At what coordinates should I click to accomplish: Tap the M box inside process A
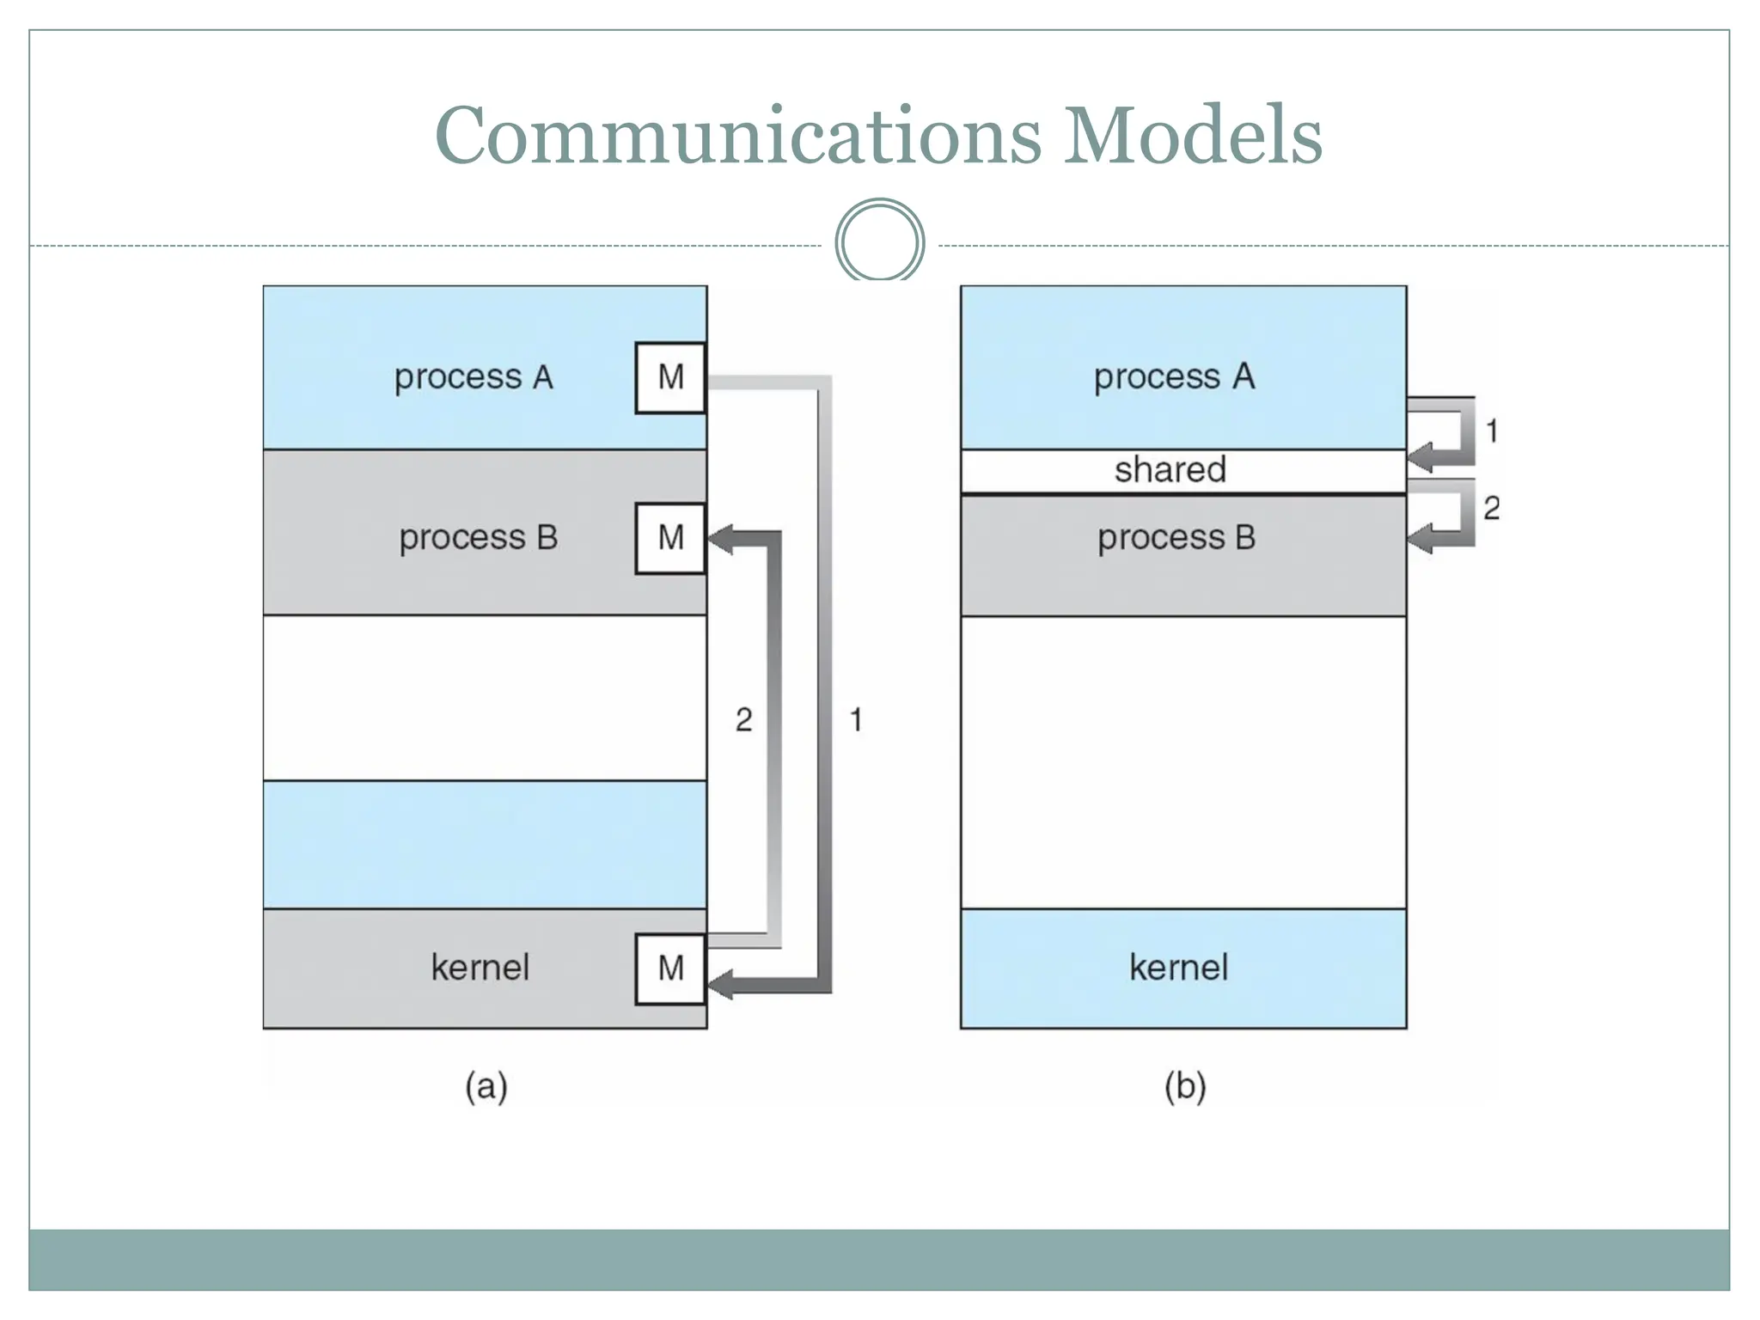click(x=670, y=377)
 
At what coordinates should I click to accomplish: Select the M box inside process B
click(x=670, y=538)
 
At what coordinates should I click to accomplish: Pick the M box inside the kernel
click(x=670, y=969)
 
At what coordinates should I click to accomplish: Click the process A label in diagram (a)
click(x=474, y=377)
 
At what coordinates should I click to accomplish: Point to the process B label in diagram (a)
click(x=479, y=538)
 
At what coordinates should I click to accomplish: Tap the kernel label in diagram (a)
click(x=480, y=968)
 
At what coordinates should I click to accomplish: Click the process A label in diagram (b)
click(x=1174, y=376)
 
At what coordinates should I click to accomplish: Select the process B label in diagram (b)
click(x=1176, y=538)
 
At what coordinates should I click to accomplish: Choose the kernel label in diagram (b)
click(x=1178, y=968)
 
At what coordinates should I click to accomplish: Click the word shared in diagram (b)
click(x=1170, y=470)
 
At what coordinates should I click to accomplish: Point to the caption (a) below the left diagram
click(x=486, y=1086)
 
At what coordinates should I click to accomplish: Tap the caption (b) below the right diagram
click(x=1185, y=1086)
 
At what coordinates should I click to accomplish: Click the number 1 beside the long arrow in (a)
click(x=856, y=719)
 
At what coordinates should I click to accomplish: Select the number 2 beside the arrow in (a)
click(x=744, y=719)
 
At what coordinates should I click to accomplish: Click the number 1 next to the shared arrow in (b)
click(x=1492, y=431)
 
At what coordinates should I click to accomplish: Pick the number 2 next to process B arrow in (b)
click(x=1492, y=508)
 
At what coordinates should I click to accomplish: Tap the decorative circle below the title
click(x=879, y=241)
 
